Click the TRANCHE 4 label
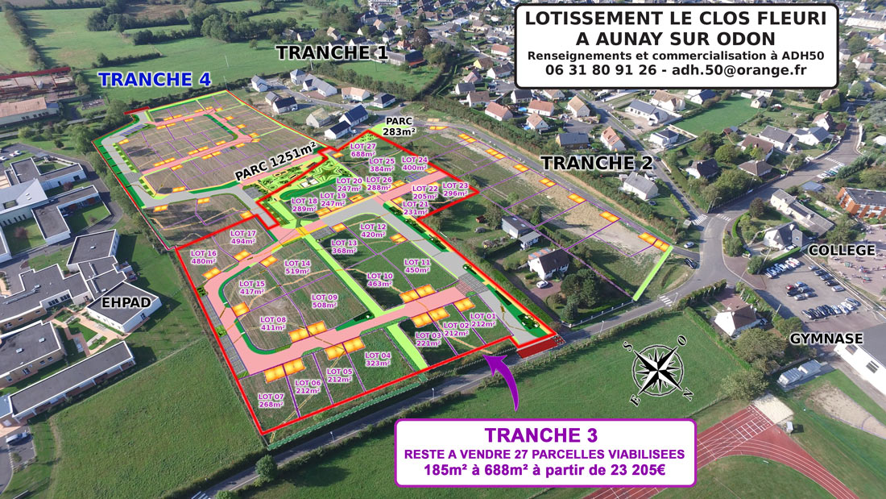pos(155,79)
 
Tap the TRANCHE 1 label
pos(333,53)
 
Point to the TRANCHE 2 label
pos(597,163)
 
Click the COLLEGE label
pos(841,251)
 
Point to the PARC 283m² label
pos(400,125)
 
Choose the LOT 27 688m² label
pos(363,149)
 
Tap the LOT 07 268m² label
pos(271,400)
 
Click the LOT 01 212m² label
pos(483,320)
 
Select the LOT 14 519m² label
pos(297,268)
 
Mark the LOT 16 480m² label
pos(204,257)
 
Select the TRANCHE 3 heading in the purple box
pos(544,435)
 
